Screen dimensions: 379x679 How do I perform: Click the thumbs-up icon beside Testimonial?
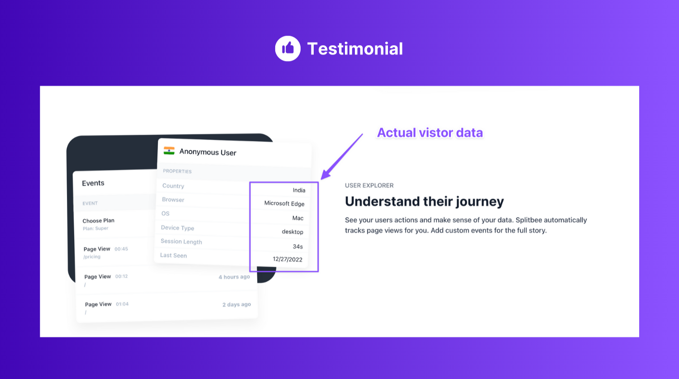(x=287, y=48)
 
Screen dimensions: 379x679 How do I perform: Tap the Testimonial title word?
(x=355, y=49)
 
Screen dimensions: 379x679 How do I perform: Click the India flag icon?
(x=169, y=151)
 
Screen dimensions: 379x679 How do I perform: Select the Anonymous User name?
(x=208, y=152)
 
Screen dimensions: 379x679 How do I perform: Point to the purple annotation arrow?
(x=342, y=156)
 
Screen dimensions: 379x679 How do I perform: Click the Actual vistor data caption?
(x=430, y=133)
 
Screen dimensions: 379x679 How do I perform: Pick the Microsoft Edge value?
(x=284, y=204)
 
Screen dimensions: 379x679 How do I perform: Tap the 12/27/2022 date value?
(x=287, y=259)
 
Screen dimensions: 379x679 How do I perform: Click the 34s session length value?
(x=297, y=246)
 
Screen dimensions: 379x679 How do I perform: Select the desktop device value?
(x=292, y=232)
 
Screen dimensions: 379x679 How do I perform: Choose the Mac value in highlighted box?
(x=297, y=218)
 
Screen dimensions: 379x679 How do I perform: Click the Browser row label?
(x=173, y=199)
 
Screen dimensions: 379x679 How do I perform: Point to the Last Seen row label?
(x=173, y=256)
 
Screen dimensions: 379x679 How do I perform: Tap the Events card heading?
(x=93, y=183)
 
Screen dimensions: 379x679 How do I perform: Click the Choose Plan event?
(x=98, y=221)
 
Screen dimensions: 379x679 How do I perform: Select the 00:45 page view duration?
(x=121, y=249)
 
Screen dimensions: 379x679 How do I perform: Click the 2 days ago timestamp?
(x=236, y=304)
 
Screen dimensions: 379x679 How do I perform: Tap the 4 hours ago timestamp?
(x=234, y=277)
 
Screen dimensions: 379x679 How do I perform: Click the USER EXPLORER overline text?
(x=369, y=185)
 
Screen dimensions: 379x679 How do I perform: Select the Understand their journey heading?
(x=424, y=201)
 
